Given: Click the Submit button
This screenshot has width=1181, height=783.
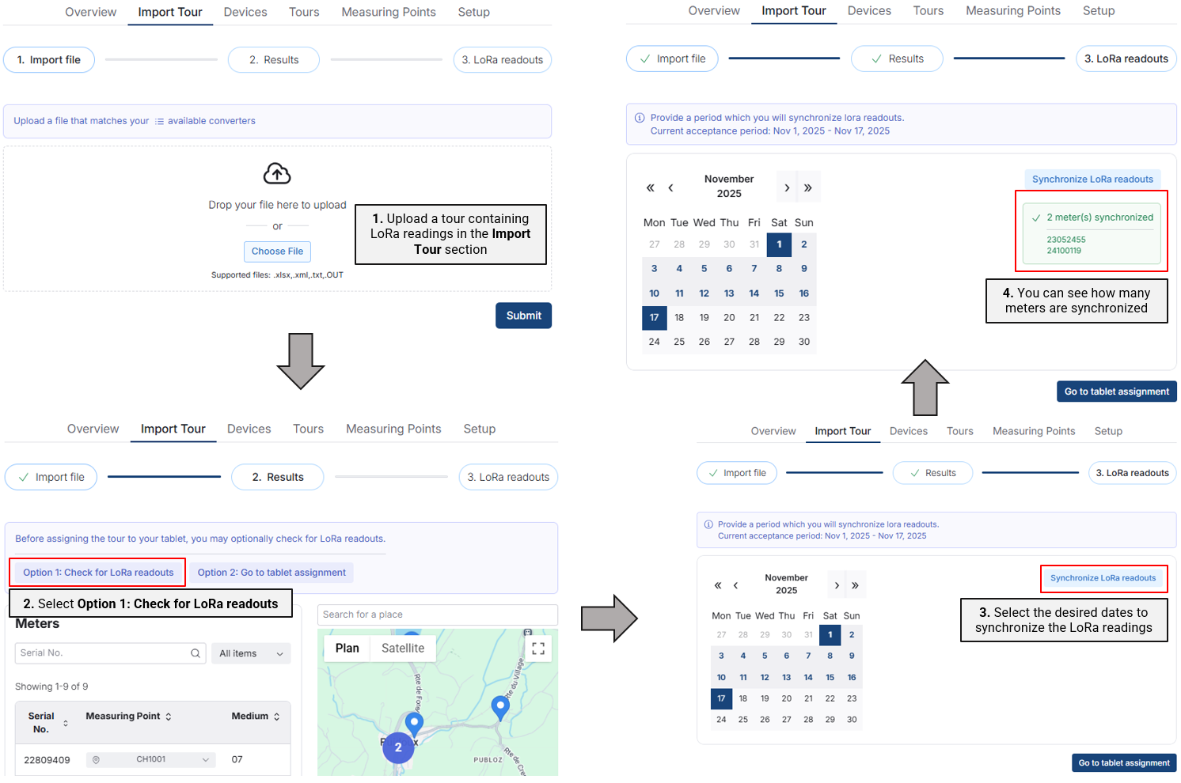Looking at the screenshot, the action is point(523,315).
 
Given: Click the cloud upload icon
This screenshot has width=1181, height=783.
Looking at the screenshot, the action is point(277,173).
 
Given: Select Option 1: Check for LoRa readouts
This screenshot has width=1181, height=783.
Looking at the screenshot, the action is point(98,573).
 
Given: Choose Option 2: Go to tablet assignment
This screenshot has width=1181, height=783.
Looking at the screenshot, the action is point(272,573).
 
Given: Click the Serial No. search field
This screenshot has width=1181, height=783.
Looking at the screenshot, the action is point(110,652).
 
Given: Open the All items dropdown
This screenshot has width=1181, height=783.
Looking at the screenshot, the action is point(251,653).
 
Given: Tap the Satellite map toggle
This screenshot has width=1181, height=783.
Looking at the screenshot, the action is point(403,648).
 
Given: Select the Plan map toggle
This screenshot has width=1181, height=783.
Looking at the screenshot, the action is point(347,648).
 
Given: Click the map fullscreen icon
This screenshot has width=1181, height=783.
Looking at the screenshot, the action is point(537,648).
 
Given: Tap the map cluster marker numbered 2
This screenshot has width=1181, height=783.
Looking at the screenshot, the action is point(398,747).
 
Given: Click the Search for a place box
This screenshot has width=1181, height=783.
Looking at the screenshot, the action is point(437,615).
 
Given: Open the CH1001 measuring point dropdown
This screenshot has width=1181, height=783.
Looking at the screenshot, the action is point(150,759).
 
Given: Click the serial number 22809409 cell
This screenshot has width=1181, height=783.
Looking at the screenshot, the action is point(47,760).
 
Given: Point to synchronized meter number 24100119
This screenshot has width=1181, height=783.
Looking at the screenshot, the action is point(1064,251).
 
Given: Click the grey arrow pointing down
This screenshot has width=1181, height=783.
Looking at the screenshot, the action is point(301,361).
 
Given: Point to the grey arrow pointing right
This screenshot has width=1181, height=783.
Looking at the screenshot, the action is point(609,618).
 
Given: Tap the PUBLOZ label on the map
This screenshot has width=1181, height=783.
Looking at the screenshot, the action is point(488,760).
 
